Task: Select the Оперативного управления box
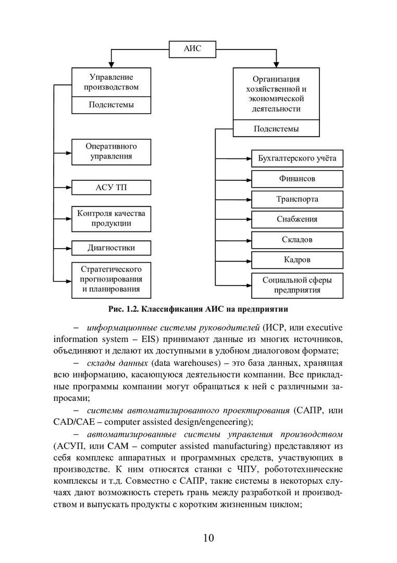tap(111, 151)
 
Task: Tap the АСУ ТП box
tap(111, 187)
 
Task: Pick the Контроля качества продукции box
tap(111, 218)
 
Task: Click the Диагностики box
tap(111, 248)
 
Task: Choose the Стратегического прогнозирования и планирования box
tap(111, 279)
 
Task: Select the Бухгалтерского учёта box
tap(297, 158)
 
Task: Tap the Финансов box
tap(297, 179)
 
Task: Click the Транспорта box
tap(297, 199)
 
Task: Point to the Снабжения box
tap(297, 219)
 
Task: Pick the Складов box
tap(297, 240)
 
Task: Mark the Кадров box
tap(297, 260)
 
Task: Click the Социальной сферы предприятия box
tap(297, 285)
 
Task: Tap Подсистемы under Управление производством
tap(111, 104)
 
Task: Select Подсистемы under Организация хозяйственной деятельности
tap(276, 128)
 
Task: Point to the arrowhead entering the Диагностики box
tap(68, 248)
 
